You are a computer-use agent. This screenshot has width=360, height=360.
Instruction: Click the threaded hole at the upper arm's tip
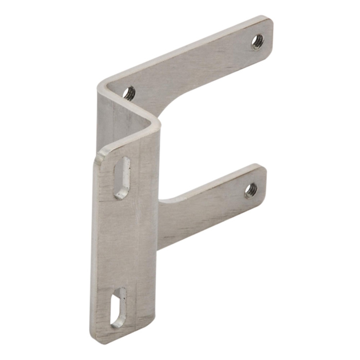[x=257, y=42]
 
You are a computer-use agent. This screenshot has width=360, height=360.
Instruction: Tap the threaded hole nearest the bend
[x=129, y=93]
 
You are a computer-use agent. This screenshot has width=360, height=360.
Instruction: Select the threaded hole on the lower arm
[x=250, y=190]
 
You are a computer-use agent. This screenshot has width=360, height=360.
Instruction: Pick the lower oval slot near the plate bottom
[x=118, y=308]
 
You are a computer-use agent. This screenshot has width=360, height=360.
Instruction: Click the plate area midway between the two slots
[x=126, y=242]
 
